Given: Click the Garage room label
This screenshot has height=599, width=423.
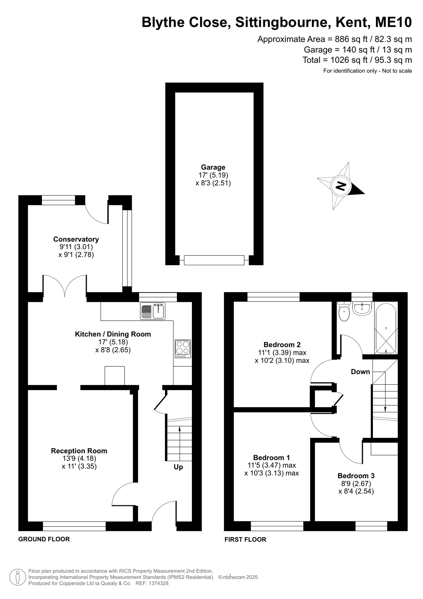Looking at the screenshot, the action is pyautogui.click(x=213, y=167).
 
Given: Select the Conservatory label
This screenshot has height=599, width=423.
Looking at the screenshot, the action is pyautogui.click(x=76, y=239).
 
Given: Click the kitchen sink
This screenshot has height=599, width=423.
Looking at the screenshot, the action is pyautogui.click(x=153, y=311).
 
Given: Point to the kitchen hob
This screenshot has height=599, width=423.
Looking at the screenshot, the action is pyautogui.click(x=183, y=349).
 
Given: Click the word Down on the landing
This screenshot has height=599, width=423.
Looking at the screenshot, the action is pyautogui.click(x=360, y=372).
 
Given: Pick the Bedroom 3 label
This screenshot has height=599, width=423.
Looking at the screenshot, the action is pyautogui.click(x=356, y=476).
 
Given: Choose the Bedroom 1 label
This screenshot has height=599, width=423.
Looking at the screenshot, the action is pyautogui.click(x=272, y=457).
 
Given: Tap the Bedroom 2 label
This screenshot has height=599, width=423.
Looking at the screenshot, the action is pyautogui.click(x=282, y=344).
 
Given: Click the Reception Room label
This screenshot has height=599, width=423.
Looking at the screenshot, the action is pyautogui.click(x=79, y=451).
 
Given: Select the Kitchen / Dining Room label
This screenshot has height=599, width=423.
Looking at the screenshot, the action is pyautogui.click(x=113, y=334).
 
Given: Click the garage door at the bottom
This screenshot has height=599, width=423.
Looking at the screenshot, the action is pyautogui.click(x=214, y=260).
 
